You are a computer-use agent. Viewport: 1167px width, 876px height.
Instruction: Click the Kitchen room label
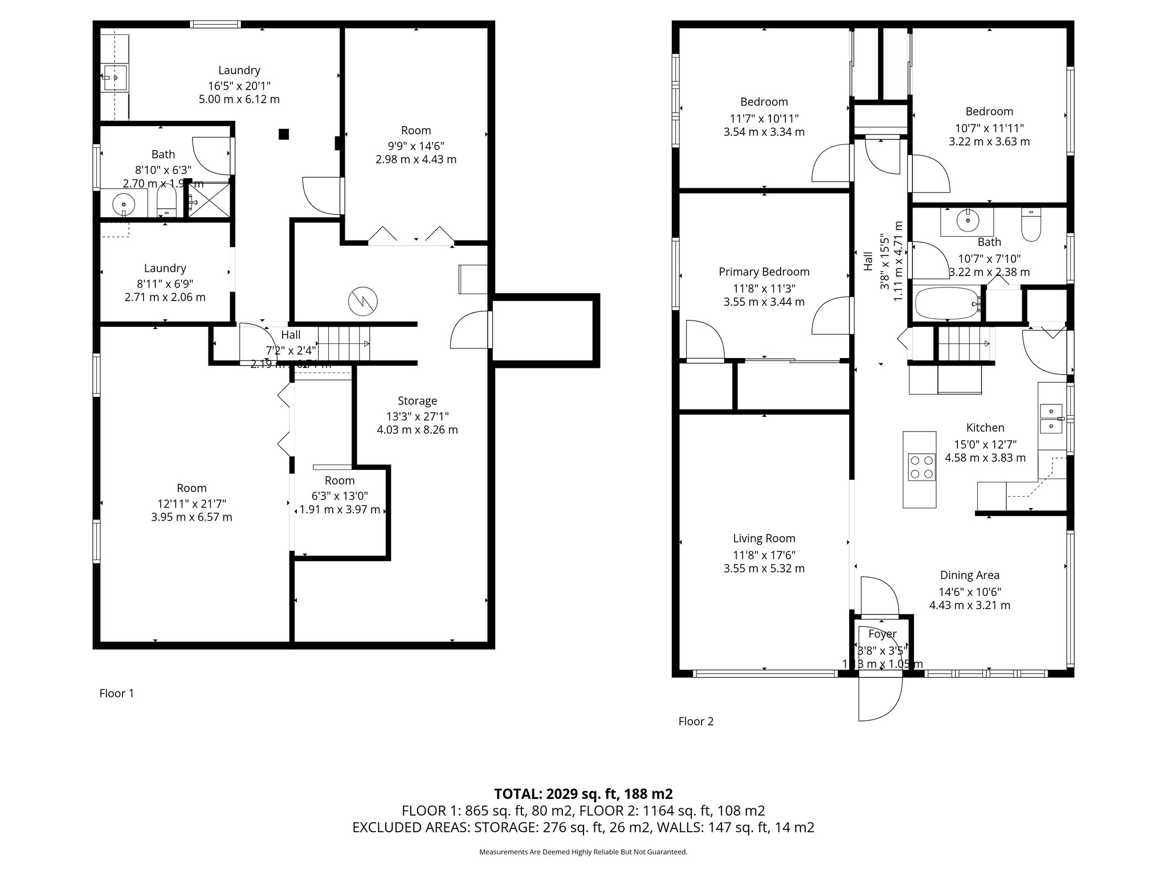[985, 428]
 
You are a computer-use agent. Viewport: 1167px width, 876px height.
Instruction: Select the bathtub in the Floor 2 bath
[946, 303]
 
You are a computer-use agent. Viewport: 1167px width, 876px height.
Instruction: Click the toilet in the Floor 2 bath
[1030, 226]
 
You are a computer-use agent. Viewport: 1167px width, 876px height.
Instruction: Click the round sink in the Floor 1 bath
[123, 202]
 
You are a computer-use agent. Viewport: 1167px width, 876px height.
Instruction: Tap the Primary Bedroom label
[764, 272]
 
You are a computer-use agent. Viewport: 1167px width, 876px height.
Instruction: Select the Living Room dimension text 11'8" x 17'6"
[764, 555]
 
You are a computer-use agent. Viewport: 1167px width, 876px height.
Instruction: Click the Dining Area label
[969, 575]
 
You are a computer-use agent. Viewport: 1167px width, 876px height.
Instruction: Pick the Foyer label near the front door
[882, 634]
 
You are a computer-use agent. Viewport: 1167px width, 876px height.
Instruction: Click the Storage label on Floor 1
[417, 401]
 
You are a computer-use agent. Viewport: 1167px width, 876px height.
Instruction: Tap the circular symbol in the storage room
[363, 301]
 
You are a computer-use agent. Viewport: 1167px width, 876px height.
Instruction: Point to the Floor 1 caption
[116, 693]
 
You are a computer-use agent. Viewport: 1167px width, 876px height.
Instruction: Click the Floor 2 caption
[696, 721]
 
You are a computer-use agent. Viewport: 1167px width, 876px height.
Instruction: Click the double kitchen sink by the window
[1051, 419]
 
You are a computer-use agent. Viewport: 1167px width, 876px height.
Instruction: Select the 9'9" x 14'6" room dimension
[416, 146]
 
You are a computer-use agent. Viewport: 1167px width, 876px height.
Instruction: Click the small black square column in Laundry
[283, 134]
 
